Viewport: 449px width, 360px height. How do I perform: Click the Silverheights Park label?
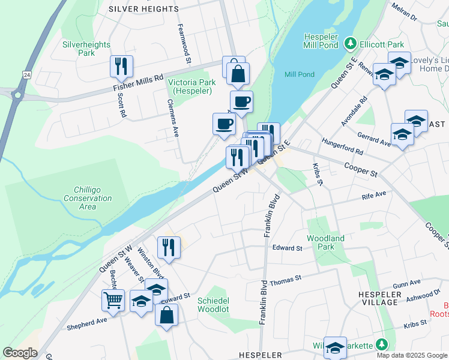pyautogui.click(x=86, y=49)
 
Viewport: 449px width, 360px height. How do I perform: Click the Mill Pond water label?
pyautogui.click(x=299, y=74)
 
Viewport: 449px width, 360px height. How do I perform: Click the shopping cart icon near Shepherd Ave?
pyautogui.click(x=113, y=301)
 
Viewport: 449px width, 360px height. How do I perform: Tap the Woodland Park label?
pyautogui.click(x=325, y=242)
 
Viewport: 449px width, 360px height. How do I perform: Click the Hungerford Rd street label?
pyautogui.click(x=343, y=149)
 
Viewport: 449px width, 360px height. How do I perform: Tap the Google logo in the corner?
pyautogui.click(x=20, y=353)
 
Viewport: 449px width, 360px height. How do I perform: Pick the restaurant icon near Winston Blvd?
pyautogui.click(x=169, y=247)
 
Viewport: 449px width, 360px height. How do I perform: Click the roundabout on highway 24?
pyautogui.click(x=17, y=94)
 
